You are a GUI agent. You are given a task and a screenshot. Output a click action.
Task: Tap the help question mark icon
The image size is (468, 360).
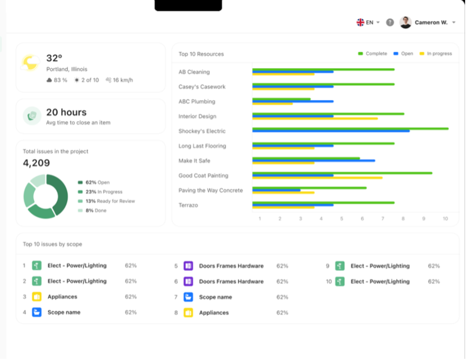pos(390,22)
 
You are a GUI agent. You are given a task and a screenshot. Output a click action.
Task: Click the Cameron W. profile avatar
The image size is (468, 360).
pos(405,22)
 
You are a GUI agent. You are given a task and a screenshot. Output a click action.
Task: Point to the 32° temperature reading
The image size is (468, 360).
pos(54,58)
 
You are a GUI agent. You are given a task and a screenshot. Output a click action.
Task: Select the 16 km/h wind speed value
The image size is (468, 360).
pos(119,80)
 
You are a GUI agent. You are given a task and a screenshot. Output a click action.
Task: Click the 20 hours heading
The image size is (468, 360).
pos(66,112)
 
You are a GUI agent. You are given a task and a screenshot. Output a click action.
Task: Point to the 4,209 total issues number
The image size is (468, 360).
pos(37,163)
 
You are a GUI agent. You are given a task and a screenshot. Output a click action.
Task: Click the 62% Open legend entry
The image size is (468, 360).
pos(97,182)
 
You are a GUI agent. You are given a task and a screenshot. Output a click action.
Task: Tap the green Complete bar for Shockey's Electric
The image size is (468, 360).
pos(350,128)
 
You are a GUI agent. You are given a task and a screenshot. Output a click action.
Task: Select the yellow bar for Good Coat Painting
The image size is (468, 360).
pos(317,178)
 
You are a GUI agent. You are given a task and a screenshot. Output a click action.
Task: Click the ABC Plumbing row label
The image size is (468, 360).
pos(196,102)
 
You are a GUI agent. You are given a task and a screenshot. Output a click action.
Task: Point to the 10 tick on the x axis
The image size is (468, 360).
pos(445,219)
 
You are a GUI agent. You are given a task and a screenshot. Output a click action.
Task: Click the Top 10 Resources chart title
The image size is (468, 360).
pos(201,54)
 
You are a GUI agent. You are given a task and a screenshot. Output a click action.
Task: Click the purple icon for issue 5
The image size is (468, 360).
pos(188,266)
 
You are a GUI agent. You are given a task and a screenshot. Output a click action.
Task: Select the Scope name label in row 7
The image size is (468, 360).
pos(215,297)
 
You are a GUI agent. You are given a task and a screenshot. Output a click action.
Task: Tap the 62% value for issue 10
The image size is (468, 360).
pos(434,282)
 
